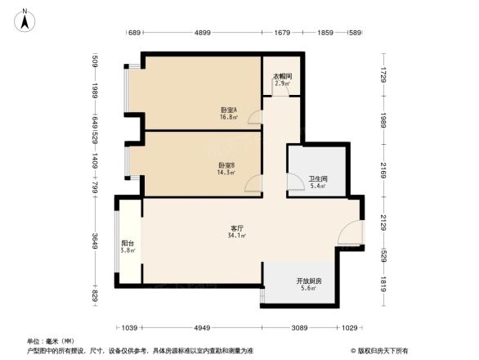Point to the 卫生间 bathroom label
coord(318,179)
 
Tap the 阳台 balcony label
coord(128,243)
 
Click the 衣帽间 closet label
coord(282,77)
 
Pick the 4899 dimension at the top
coord(203,33)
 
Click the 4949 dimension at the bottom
coord(203,328)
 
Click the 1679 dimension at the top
coord(283,33)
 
